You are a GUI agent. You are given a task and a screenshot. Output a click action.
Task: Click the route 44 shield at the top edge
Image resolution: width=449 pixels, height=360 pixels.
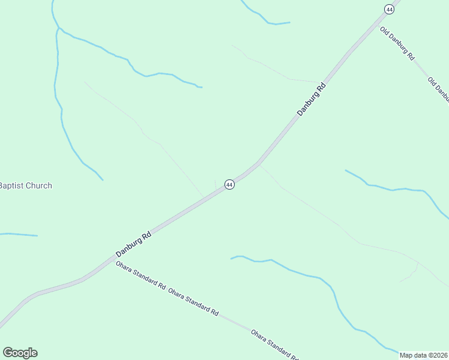[x=390, y=9]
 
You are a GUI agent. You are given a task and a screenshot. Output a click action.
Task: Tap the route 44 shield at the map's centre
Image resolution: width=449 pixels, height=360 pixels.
[x=229, y=185]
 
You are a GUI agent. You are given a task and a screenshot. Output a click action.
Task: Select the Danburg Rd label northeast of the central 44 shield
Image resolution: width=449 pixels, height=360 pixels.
[x=312, y=99]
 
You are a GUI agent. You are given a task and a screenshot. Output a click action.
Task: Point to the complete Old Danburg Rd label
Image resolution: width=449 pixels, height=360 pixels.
[x=397, y=44]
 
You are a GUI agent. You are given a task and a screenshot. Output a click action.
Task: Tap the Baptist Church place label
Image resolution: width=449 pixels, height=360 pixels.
[x=25, y=186]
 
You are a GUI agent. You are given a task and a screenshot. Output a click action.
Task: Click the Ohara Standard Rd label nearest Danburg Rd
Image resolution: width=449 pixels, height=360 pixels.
[x=140, y=275]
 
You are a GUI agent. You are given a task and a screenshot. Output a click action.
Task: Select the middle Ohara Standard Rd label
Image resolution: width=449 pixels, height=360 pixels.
[x=193, y=301]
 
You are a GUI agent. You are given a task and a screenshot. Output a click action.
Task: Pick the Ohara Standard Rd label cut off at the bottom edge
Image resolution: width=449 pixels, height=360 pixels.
[x=274, y=344]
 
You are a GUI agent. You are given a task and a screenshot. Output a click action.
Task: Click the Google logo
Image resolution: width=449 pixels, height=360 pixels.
[x=20, y=353]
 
